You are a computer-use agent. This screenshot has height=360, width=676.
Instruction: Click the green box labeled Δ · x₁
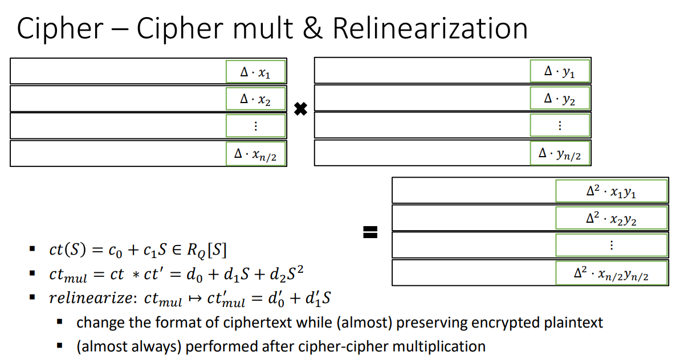(x=255, y=72)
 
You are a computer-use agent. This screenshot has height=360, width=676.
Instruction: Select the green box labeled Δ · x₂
(x=255, y=99)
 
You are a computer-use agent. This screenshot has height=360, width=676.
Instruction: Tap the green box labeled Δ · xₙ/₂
(x=255, y=153)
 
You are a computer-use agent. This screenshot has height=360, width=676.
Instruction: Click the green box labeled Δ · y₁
(x=559, y=72)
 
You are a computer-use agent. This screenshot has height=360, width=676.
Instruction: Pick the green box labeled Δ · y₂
(x=559, y=99)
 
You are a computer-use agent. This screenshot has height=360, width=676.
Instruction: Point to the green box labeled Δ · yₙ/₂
(x=559, y=153)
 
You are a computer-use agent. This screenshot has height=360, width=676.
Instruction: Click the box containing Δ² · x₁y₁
(x=611, y=191)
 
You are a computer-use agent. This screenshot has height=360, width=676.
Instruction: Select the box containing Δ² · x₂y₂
(x=611, y=219)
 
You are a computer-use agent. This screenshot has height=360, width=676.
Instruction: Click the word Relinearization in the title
(x=430, y=29)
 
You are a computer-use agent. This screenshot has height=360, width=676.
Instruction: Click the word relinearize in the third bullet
(x=92, y=298)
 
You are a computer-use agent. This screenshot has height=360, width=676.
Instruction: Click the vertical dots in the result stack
(x=611, y=246)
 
